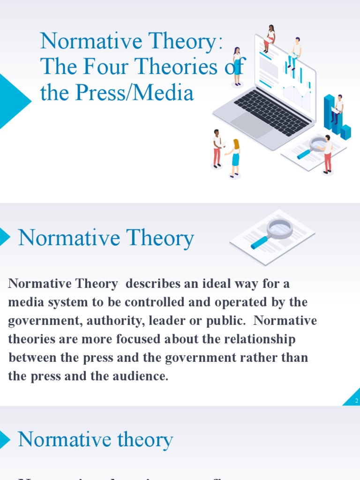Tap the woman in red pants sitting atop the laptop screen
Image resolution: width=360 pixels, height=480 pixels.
pos(270,38)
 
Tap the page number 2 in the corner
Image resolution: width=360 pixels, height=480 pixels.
pos(357,401)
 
